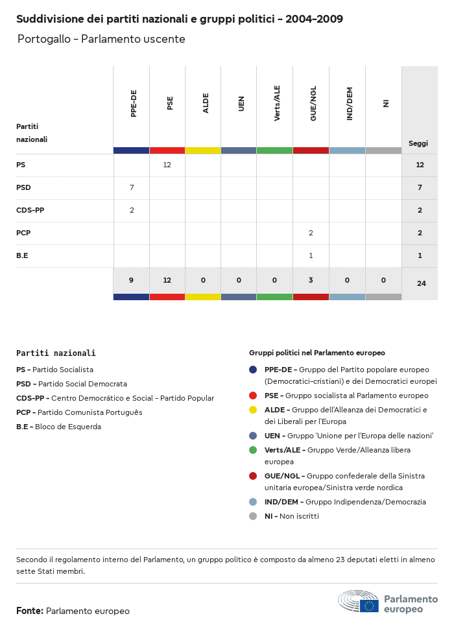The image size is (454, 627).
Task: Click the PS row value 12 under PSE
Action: click(x=167, y=165)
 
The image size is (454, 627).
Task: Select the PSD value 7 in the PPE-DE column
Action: click(x=132, y=188)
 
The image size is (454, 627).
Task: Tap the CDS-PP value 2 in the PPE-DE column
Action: click(x=132, y=211)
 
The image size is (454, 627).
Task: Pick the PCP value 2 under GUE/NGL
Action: click(x=311, y=233)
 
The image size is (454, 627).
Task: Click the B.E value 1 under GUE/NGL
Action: click(x=311, y=256)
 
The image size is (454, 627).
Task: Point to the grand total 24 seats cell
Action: click(x=421, y=283)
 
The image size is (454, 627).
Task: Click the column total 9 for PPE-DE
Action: click(x=132, y=281)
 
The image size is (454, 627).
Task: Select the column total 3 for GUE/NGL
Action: click(x=311, y=281)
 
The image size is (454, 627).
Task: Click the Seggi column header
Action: click(x=418, y=143)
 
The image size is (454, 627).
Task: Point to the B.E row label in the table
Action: click(x=22, y=256)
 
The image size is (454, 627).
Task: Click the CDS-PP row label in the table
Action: click(x=30, y=211)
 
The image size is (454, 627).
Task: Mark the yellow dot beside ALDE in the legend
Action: click(x=253, y=410)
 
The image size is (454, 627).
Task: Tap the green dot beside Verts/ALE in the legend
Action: click(x=253, y=450)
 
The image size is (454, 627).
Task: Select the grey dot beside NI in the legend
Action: click(x=253, y=517)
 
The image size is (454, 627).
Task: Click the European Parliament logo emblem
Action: click(x=359, y=601)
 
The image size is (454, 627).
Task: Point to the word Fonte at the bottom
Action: click(x=30, y=611)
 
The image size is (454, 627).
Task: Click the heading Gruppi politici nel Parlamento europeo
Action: click(x=317, y=353)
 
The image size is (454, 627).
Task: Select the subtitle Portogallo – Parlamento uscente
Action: click(x=101, y=40)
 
